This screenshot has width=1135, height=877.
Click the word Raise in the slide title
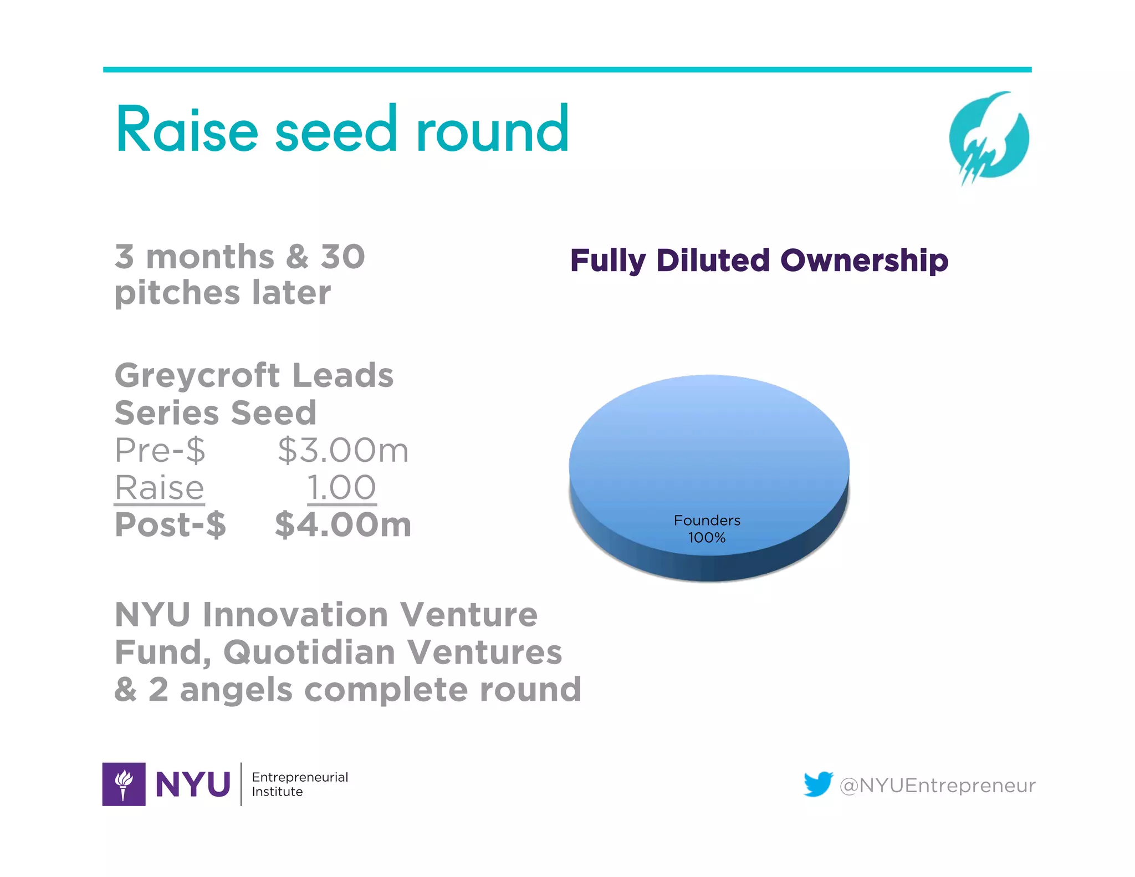(x=187, y=130)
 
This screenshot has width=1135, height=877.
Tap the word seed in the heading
(x=336, y=130)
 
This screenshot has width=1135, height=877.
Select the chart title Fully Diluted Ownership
(x=759, y=261)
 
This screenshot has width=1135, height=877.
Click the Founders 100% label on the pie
(x=707, y=529)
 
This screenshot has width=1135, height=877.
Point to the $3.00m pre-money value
(x=343, y=450)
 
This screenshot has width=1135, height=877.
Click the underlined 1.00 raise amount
(x=341, y=488)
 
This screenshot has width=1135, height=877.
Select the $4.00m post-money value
(x=343, y=524)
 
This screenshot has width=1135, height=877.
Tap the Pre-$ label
(x=160, y=450)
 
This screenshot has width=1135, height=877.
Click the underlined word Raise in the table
(x=160, y=488)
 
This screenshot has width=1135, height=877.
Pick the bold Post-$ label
(x=170, y=524)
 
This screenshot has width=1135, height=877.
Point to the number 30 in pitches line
(x=342, y=257)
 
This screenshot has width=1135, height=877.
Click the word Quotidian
(x=309, y=652)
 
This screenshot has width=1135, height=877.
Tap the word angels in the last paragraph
(x=236, y=690)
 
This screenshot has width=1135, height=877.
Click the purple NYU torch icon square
(x=124, y=784)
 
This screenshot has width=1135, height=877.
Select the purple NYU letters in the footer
(x=193, y=784)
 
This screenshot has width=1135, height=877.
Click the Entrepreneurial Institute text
(x=299, y=784)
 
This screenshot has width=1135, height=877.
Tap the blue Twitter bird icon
(x=818, y=784)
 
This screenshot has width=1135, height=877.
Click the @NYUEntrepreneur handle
(x=937, y=786)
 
